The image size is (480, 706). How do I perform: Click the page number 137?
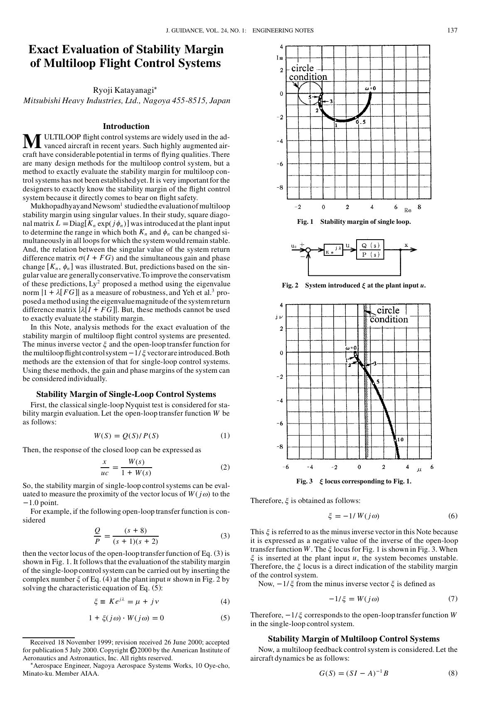tap(452, 30)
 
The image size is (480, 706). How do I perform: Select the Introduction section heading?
tap(126, 126)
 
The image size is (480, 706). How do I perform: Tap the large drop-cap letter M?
tap(32, 142)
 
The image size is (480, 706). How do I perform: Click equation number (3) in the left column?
tap(225, 535)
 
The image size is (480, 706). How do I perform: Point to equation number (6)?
tap(453, 516)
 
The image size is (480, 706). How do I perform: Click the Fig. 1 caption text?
tap(354, 222)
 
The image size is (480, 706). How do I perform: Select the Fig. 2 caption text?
tap(354, 285)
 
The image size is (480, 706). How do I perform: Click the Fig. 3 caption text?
tap(354, 481)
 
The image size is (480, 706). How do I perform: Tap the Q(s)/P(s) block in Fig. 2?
tap(370, 250)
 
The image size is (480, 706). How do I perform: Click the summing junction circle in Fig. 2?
tap(308, 250)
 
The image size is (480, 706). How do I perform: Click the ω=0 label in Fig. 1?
tap(370, 88)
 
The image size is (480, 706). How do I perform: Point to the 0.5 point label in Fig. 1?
tap(361, 122)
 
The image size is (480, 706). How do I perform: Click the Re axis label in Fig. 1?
tap(407, 210)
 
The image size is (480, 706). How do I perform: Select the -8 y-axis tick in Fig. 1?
tap(280, 187)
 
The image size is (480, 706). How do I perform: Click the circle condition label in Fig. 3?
tap(388, 315)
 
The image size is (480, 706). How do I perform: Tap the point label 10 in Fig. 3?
tap(400, 439)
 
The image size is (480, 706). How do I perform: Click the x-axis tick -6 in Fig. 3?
tap(286, 467)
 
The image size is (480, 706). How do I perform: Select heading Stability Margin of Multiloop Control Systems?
tap(354, 639)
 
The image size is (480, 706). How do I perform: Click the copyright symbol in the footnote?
tap(133, 650)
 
